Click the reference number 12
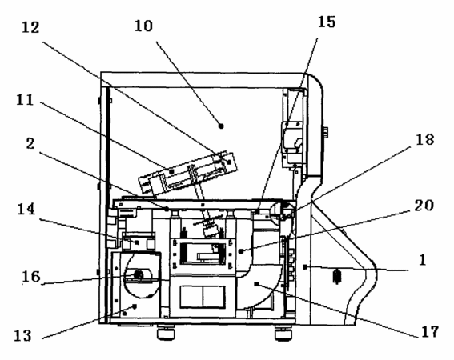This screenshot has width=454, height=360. [30, 28]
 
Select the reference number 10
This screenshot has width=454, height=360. [143, 26]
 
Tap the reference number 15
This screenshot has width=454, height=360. [327, 22]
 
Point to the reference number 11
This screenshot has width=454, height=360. [25, 100]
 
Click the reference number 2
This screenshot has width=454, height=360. [30, 144]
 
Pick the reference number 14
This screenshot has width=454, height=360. [26, 209]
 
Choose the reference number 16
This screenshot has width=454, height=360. [31, 277]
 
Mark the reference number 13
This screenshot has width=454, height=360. [23, 336]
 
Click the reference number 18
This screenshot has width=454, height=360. [425, 140]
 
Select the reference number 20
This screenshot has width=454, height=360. [424, 206]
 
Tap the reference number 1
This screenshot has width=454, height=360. [423, 259]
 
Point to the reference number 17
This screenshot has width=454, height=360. [430, 332]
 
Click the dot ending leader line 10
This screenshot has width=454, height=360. [221, 126]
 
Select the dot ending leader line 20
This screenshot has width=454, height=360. [241, 252]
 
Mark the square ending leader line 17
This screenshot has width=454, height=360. [256, 284]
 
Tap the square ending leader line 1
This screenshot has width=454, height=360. [305, 267]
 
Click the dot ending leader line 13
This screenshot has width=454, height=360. [135, 306]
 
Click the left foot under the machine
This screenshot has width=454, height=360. [166, 331]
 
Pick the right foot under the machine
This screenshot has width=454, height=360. [283, 332]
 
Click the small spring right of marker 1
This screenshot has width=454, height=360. [337, 276]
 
